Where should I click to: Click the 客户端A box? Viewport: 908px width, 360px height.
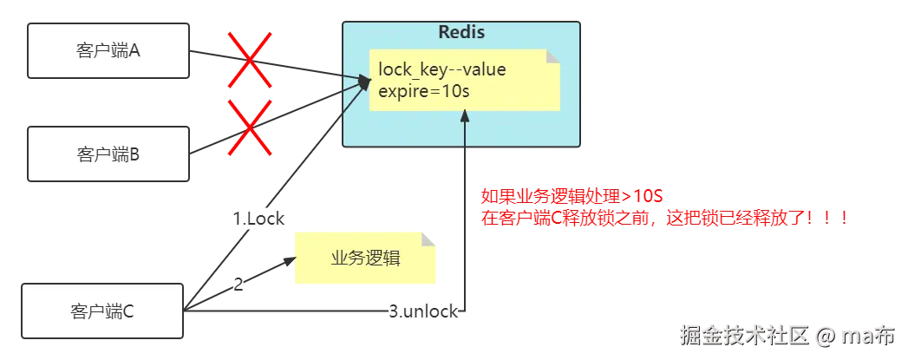(108, 51)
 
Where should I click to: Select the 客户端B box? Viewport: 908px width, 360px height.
(108, 154)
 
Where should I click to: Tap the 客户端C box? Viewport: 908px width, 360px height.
(102, 311)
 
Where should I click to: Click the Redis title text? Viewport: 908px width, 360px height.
(461, 32)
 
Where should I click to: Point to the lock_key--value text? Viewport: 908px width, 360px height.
(441, 70)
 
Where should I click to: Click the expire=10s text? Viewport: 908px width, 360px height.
(424, 91)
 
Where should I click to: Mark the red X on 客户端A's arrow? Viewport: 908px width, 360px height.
(250, 60)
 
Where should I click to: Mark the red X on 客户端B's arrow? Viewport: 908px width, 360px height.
(250, 128)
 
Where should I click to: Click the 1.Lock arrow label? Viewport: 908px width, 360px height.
(258, 219)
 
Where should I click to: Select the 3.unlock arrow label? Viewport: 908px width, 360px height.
(422, 311)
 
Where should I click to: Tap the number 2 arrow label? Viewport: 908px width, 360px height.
(238, 285)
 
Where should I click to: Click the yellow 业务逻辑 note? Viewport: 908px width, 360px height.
(365, 259)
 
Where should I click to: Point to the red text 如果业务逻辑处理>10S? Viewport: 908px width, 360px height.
(572, 196)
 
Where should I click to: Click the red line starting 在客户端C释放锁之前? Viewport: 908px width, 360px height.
(665, 219)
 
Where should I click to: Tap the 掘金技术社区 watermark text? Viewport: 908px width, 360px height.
(744, 335)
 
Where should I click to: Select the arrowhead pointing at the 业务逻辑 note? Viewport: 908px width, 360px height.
(290, 261)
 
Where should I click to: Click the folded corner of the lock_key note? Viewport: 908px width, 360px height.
(553, 56)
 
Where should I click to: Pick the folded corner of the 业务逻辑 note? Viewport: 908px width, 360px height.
(428, 240)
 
